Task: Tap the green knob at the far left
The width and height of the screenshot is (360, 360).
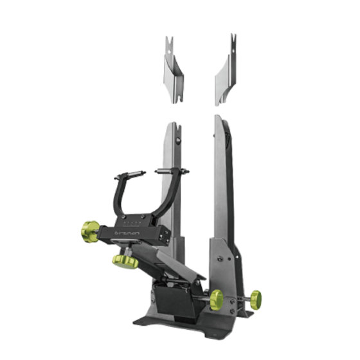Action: [90, 229]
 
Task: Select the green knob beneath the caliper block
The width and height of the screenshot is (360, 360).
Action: [125, 261]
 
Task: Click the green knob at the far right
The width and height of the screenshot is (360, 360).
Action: [255, 298]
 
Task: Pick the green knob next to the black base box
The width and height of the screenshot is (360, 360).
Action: [216, 298]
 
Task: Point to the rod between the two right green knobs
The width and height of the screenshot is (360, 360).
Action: [237, 298]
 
